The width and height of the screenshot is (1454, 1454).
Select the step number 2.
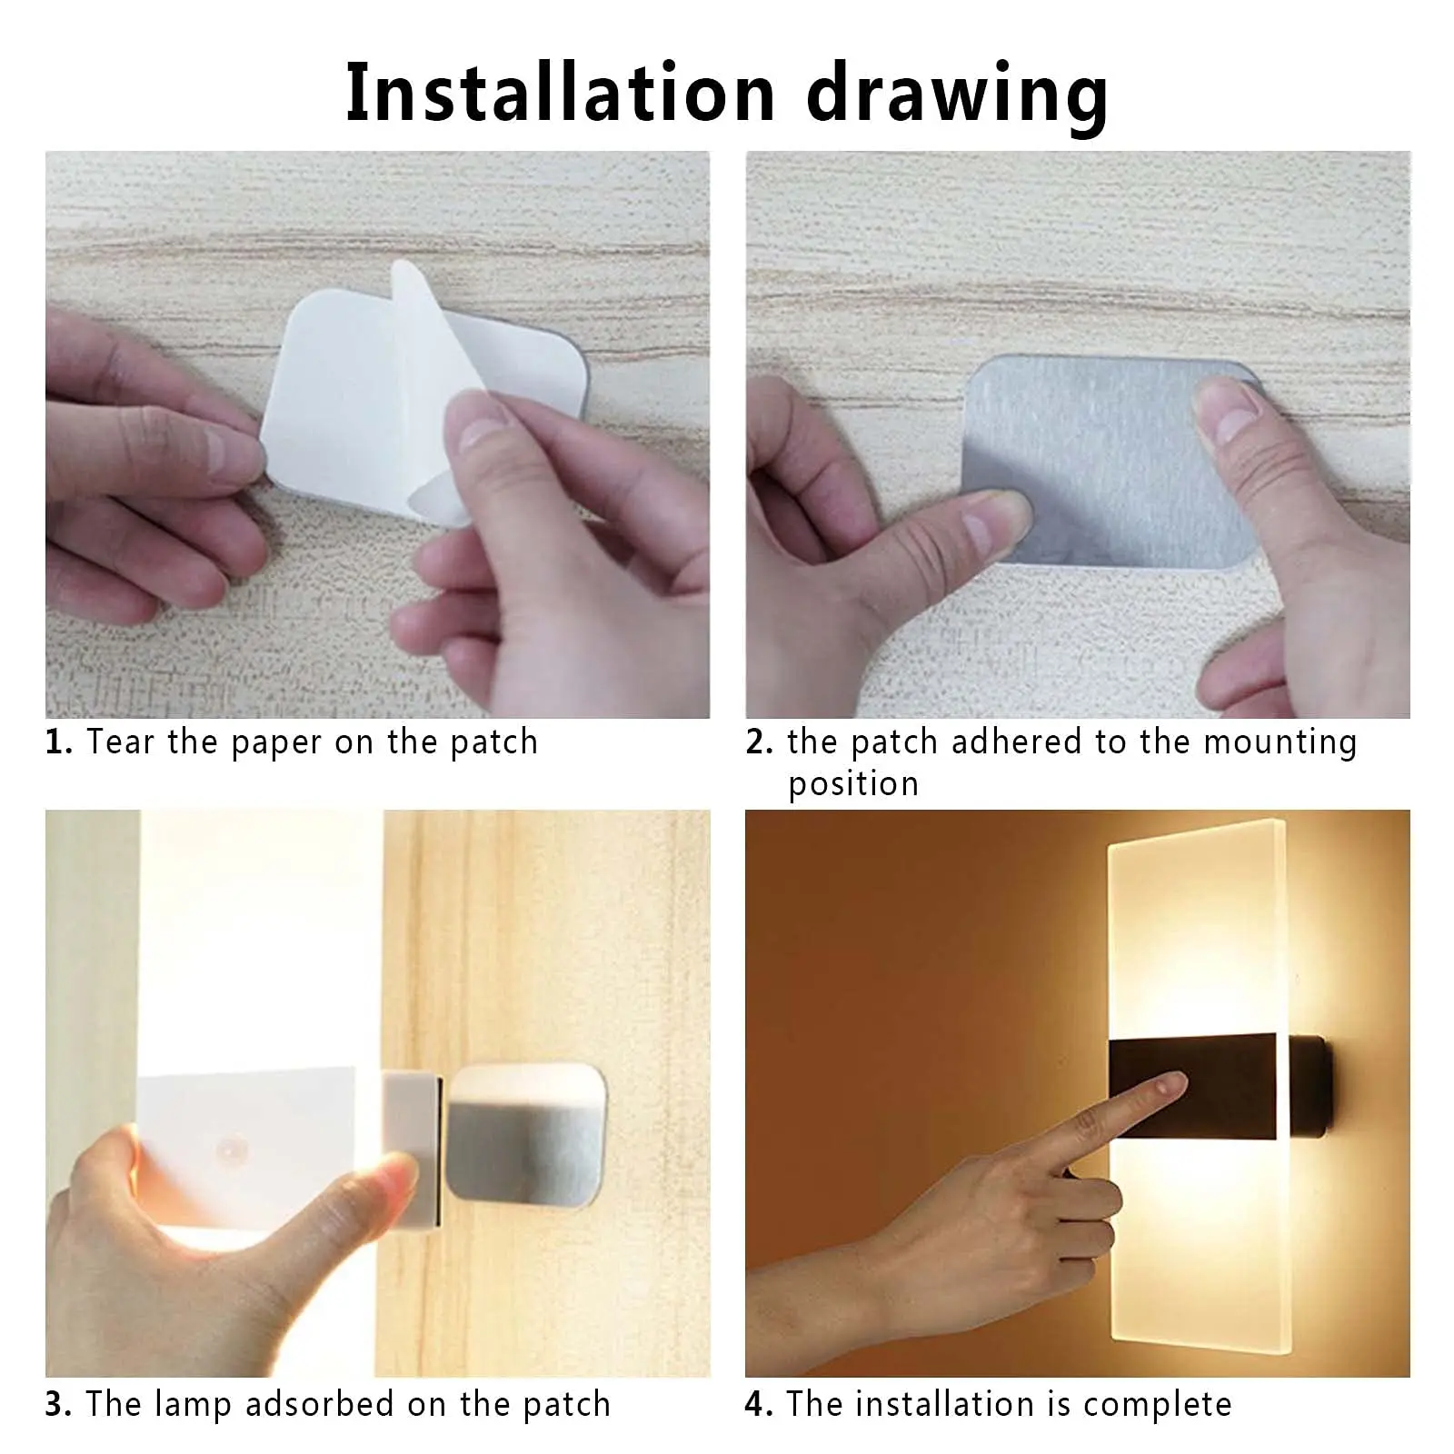pyautogui.click(x=759, y=742)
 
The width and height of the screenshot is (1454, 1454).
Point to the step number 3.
pyautogui.click(x=58, y=1404)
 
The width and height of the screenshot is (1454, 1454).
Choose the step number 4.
pyautogui.click(x=759, y=1404)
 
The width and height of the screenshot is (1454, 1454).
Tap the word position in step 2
pyautogui.click(x=853, y=784)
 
